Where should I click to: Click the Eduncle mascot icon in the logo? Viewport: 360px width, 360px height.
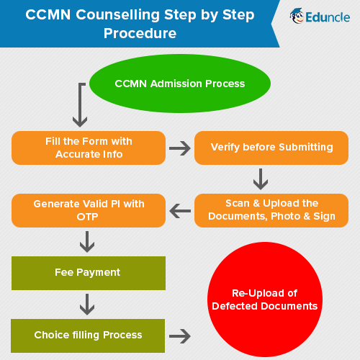pos(297,16)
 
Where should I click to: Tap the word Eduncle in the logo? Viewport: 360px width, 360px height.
pos(328,17)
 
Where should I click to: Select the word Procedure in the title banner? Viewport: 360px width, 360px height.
pos(140,33)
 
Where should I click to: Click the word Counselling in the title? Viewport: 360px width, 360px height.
pos(117,15)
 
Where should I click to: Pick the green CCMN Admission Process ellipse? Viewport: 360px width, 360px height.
pos(180,84)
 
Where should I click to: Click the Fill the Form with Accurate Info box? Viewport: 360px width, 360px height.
pos(89,148)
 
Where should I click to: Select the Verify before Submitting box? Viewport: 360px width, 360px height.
pos(271,148)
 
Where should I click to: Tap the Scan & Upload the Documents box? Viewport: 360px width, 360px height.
pos(271,210)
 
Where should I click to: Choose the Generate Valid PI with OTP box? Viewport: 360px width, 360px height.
pos(89,210)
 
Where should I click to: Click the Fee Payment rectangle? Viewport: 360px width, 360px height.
pos(89,273)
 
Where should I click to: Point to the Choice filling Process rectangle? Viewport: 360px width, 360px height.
pos(88,336)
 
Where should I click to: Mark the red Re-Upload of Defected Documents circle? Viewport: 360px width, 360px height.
pos(265,300)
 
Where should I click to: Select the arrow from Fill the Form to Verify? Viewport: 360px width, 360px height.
pos(180,148)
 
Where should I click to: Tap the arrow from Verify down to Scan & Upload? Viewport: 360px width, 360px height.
pos(261,179)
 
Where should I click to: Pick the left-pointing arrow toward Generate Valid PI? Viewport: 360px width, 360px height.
pos(180,211)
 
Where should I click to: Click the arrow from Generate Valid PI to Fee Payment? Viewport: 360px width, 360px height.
pos(87,242)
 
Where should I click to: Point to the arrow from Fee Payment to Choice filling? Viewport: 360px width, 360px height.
pos(87,305)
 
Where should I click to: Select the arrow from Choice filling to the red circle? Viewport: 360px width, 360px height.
pos(180,336)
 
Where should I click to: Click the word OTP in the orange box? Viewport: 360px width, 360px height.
pos(87,217)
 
